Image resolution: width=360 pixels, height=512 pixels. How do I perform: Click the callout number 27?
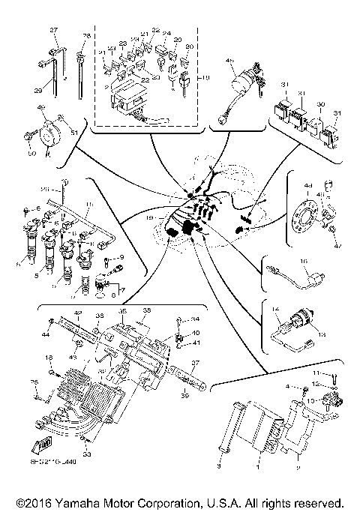[x=53, y=29]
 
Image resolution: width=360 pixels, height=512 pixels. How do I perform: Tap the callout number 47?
[x=337, y=244]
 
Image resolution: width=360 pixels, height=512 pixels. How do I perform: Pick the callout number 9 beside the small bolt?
[x=121, y=259]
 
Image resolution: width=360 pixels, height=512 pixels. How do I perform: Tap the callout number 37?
[x=193, y=363]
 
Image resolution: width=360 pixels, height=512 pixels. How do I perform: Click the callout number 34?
[x=196, y=319]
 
